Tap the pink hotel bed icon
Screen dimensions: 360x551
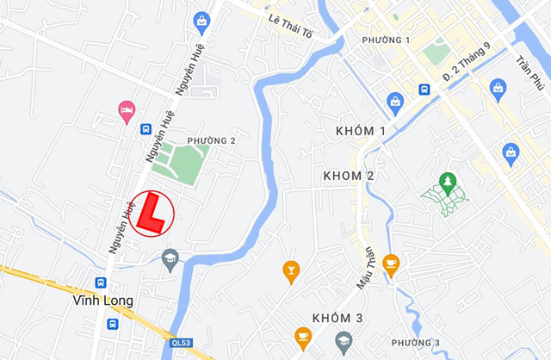(x=127, y=109)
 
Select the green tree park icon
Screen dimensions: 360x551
(x=447, y=182)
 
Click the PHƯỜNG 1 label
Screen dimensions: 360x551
(x=386, y=40)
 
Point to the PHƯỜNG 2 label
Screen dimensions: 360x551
(x=212, y=140)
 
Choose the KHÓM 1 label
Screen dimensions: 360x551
(x=359, y=130)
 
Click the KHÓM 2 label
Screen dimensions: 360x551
(x=348, y=176)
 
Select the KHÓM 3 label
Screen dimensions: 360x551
(x=337, y=318)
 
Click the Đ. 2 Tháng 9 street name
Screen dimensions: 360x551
(x=466, y=63)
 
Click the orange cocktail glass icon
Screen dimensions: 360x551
(x=291, y=271)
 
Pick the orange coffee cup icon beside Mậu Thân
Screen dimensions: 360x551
(x=391, y=264)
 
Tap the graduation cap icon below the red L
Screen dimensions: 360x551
(x=170, y=259)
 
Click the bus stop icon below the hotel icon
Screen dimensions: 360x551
(x=145, y=129)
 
